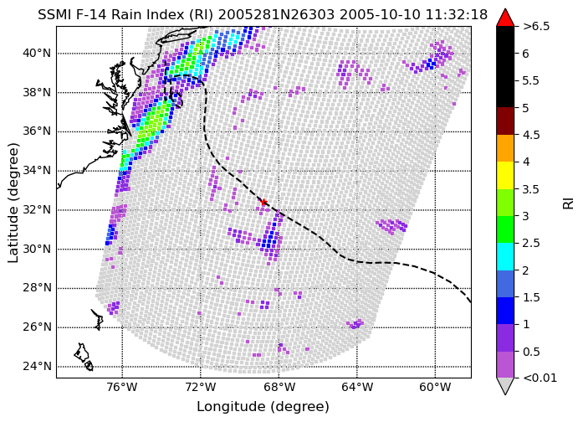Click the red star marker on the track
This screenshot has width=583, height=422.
263,203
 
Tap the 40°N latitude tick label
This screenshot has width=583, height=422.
37,54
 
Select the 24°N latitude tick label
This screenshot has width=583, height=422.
37,367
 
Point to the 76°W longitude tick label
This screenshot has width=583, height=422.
122,388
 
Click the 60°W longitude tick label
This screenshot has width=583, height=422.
436,388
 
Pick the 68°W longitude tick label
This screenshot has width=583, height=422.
279,388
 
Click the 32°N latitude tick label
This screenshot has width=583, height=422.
37,210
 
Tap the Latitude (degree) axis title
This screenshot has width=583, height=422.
13,203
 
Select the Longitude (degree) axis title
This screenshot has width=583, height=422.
263,407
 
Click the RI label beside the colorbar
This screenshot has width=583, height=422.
569,203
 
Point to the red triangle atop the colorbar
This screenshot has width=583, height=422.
505,18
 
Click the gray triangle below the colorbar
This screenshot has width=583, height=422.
505,386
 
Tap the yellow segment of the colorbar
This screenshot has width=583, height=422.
505,175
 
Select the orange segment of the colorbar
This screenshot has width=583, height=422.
505,148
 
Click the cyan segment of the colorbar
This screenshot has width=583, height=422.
505,256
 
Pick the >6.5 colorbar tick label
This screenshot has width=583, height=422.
536,27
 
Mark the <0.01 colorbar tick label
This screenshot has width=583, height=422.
540,378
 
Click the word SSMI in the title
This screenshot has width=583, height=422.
53,15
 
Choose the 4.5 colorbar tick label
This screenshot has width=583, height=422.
531,135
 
